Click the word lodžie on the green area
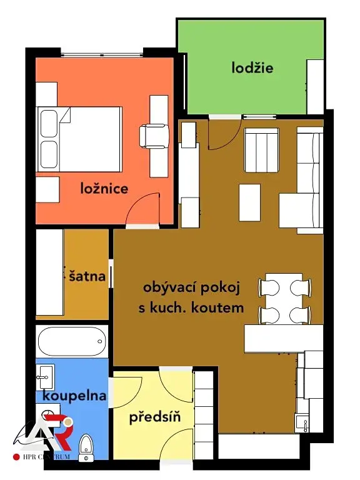[252, 68]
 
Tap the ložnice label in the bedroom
[104, 188]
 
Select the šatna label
[87, 276]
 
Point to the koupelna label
[74, 396]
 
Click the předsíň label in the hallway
[155, 417]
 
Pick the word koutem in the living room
[217, 307]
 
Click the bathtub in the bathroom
[72, 341]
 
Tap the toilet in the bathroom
[86, 447]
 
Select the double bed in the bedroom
[79, 139]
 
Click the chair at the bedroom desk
[154, 136]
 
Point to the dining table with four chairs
[285, 299]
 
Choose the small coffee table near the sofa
[250, 202]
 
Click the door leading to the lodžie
[224, 134]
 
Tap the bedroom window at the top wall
[102, 55]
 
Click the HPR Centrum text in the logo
[46, 457]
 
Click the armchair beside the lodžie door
[261, 150]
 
